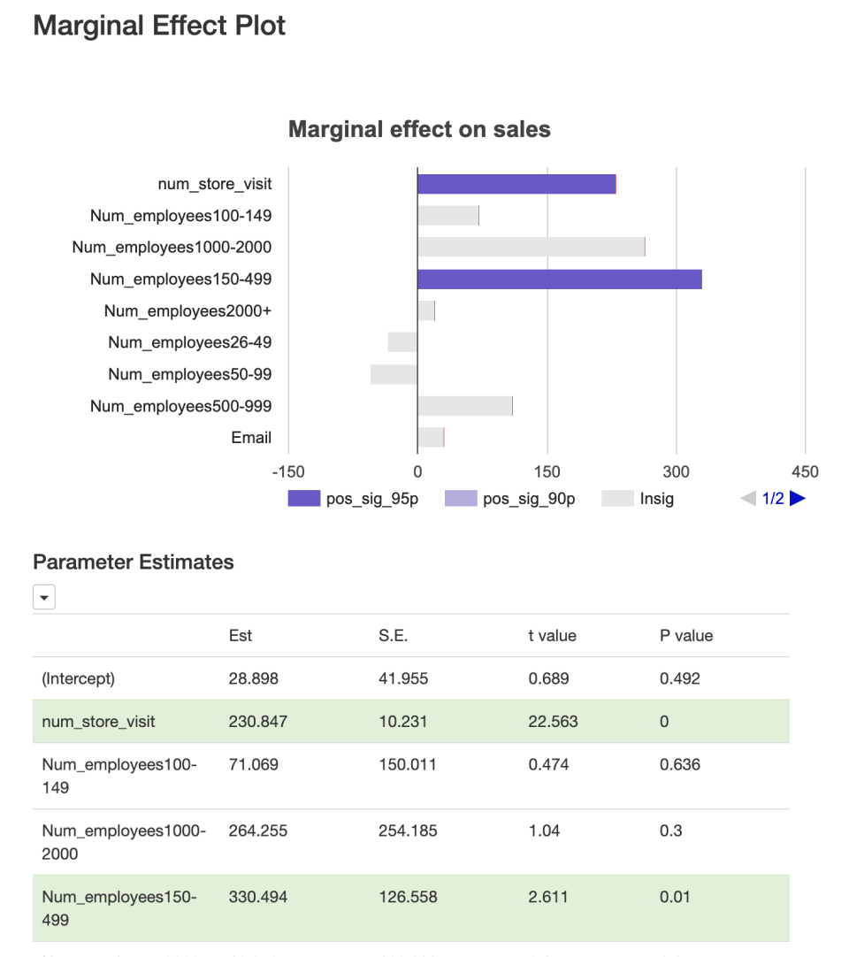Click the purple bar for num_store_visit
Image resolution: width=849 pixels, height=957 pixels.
pyautogui.click(x=516, y=184)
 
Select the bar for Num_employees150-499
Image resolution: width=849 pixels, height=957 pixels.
pyautogui.click(x=559, y=279)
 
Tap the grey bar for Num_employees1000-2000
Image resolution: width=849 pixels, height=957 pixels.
pyautogui.click(x=531, y=248)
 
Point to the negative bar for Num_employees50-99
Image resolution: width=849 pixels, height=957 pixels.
pyautogui.click(x=394, y=375)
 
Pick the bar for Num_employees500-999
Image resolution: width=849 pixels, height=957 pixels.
pyautogui.click(x=464, y=407)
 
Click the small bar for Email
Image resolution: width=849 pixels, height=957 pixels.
pyautogui.click(x=431, y=438)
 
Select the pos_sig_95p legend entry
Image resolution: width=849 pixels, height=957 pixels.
pyautogui.click(x=354, y=499)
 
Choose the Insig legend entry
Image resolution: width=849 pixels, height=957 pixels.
pyautogui.click(x=638, y=499)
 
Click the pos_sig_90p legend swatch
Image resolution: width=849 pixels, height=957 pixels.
pyautogui.click(x=461, y=499)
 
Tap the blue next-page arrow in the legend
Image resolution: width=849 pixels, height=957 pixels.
pyautogui.click(x=798, y=499)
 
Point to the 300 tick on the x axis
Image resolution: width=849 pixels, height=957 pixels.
pyautogui.click(x=677, y=471)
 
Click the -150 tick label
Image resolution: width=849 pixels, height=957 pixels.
pyautogui.click(x=288, y=471)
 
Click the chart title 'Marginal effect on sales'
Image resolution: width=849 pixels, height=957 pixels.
pyautogui.click(x=419, y=130)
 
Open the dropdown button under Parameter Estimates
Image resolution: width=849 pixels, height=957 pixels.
pyautogui.click(x=44, y=599)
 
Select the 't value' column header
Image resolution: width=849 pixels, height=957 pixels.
pyautogui.click(x=552, y=636)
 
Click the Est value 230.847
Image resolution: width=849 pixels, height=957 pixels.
pyautogui.click(x=257, y=722)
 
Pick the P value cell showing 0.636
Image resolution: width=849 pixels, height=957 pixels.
pyautogui.click(x=679, y=764)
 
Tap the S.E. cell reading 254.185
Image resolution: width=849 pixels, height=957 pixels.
pyautogui.click(x=408, y=831)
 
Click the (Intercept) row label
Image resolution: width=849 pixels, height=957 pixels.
pyautogui.click(x=79, y=679)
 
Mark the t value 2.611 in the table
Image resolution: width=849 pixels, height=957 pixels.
pyautogui.click(x=548, y=897)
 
